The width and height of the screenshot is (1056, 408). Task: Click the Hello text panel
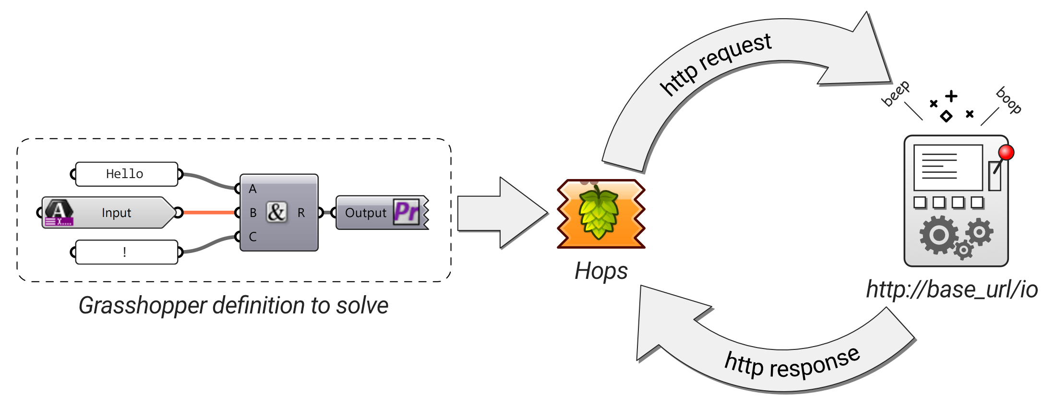pos(126,174)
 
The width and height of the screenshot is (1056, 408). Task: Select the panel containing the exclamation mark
pos(126,252)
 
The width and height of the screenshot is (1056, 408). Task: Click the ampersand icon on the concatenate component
pos(276,212)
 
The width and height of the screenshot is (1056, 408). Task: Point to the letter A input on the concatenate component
pos(252,189)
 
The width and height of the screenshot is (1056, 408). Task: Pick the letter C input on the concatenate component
pos(252,237)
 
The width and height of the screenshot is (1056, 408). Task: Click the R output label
pos(301,213)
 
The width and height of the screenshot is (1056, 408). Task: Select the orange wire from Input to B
pos(209,212)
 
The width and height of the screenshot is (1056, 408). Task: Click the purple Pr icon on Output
pos(406,211)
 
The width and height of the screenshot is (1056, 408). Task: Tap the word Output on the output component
pos(365,213)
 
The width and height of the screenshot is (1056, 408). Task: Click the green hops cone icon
pos(598,213)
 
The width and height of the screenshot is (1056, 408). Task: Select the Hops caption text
pos(601,271)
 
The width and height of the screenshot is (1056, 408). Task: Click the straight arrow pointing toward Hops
pos(502,213)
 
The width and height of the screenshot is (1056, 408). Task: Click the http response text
pos(792,363)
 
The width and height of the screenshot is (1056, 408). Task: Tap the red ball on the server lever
pos(1006,153)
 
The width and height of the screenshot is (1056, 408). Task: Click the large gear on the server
pos(938,235)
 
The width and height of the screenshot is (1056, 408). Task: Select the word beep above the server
pos(895,93)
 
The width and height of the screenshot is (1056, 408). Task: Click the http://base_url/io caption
pos(952,290)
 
